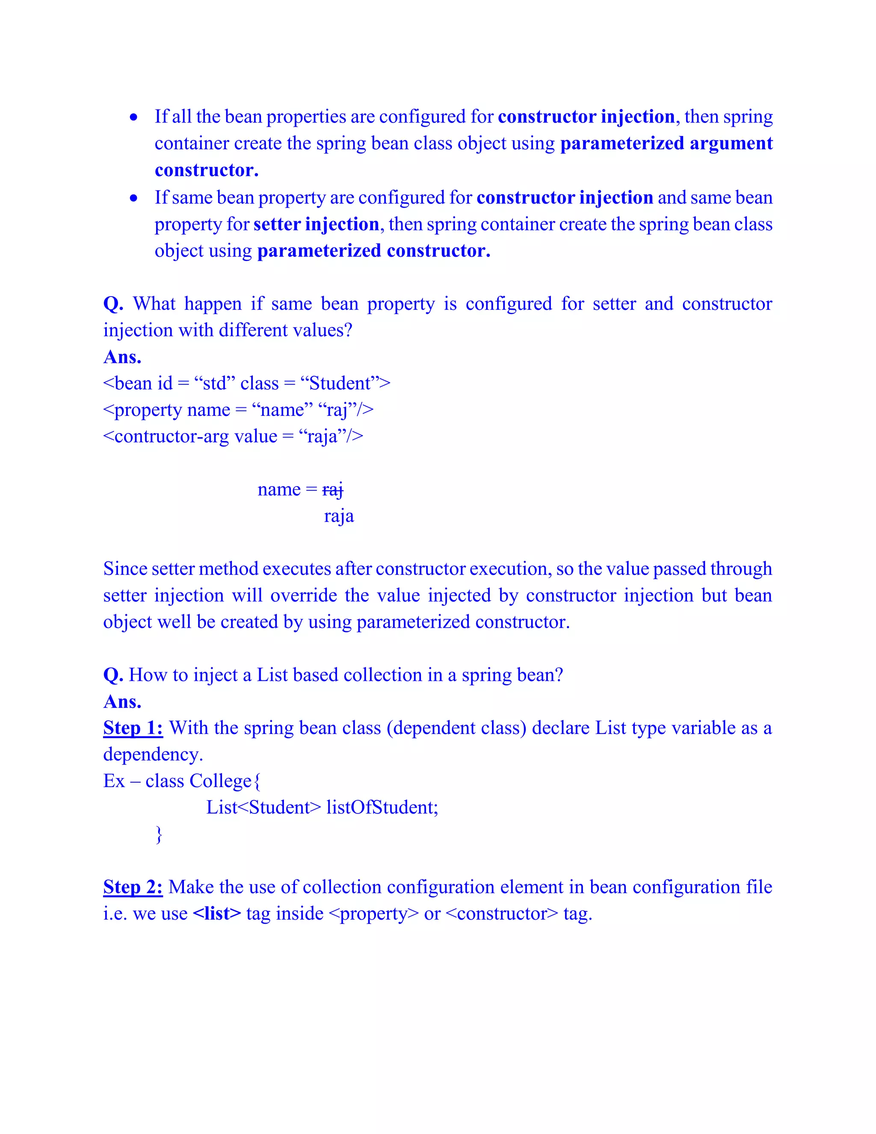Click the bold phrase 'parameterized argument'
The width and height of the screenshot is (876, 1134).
pyautogui.click(x=666, y=143)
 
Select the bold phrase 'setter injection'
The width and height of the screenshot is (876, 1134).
pyautogui.click(x=316, y=224)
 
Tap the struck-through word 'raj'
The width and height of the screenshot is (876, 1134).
pyautogui.click(x=333, y=490)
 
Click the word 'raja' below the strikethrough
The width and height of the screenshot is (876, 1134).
pyautogui.click(x=339, y=516)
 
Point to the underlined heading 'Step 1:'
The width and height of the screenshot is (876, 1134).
pyautogui.click(x=133, y=728)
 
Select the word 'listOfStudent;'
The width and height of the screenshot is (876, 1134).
pyautogui.click(x=382, y=807)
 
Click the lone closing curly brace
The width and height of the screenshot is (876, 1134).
pyautogui.click(x=159, y=834)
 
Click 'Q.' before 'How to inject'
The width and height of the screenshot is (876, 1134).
pyautogui.click(x=113, y=675)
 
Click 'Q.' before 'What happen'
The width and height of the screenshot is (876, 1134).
pyautogui.click(x=113, y=304)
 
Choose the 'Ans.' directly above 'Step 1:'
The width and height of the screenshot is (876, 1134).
pyautogui.click(x=122, y=702)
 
